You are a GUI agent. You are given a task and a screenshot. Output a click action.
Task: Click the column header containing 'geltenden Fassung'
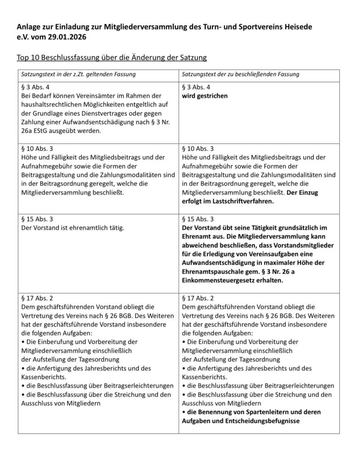point(78,74)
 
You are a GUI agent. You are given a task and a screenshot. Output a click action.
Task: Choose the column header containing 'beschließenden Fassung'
point(241,74)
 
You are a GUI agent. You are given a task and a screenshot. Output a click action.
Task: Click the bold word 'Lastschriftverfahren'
point(248,201)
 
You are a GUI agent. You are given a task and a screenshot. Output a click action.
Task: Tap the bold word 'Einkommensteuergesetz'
point(218,280)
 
